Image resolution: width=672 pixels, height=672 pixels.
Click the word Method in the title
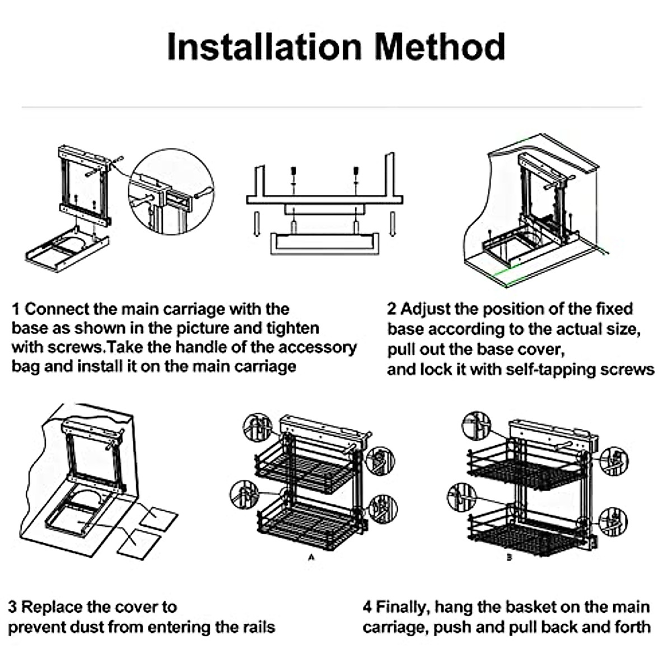tap(440, 47)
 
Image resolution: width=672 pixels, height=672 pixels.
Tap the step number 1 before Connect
tap(16, 309)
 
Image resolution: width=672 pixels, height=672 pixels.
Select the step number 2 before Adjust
tap(391, 309)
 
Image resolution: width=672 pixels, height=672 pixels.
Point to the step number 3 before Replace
tap(12, 607)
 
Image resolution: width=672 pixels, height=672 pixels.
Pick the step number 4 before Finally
tap(367, 607)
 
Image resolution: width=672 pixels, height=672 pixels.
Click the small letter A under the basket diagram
tap(311, 557)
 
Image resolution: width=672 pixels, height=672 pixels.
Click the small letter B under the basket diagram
tap(508, 557)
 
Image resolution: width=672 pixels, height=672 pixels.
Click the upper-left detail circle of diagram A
tap(257, 427)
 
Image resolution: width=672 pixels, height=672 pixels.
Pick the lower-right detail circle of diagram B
tap(613, 521)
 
